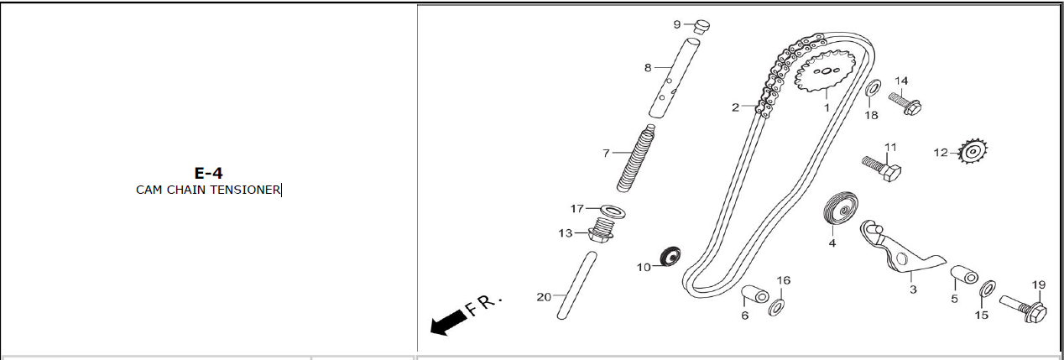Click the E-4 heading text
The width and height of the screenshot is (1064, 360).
pos(208,173)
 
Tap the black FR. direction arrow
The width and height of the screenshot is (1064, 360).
pos(448,322)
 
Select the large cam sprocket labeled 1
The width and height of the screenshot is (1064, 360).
pos(825,71)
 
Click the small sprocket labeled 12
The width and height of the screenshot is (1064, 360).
pos(973,152)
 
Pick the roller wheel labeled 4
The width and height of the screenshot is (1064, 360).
pos(840,211)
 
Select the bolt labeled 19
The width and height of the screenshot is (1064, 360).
pos(1024,309)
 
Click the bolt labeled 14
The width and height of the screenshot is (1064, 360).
pos(905,103)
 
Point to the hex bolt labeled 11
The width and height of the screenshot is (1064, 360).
pos(882,168)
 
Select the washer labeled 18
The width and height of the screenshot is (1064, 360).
pos(872,88)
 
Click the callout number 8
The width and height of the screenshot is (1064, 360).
pos(648,68)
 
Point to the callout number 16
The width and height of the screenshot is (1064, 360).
pos(783,280)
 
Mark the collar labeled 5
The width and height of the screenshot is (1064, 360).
pos(964,274)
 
